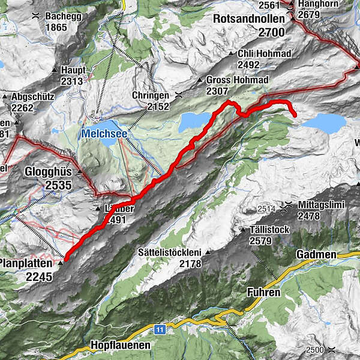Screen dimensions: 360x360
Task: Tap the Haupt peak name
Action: [74, 70]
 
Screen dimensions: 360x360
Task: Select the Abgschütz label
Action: [30, 96]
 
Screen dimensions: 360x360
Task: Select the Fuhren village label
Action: [263, 293]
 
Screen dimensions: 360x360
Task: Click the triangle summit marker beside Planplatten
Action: [61, 263]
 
